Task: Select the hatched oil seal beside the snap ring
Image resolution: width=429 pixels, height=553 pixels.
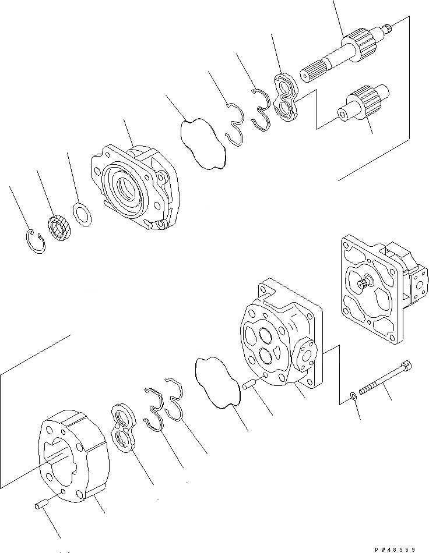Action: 58,226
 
